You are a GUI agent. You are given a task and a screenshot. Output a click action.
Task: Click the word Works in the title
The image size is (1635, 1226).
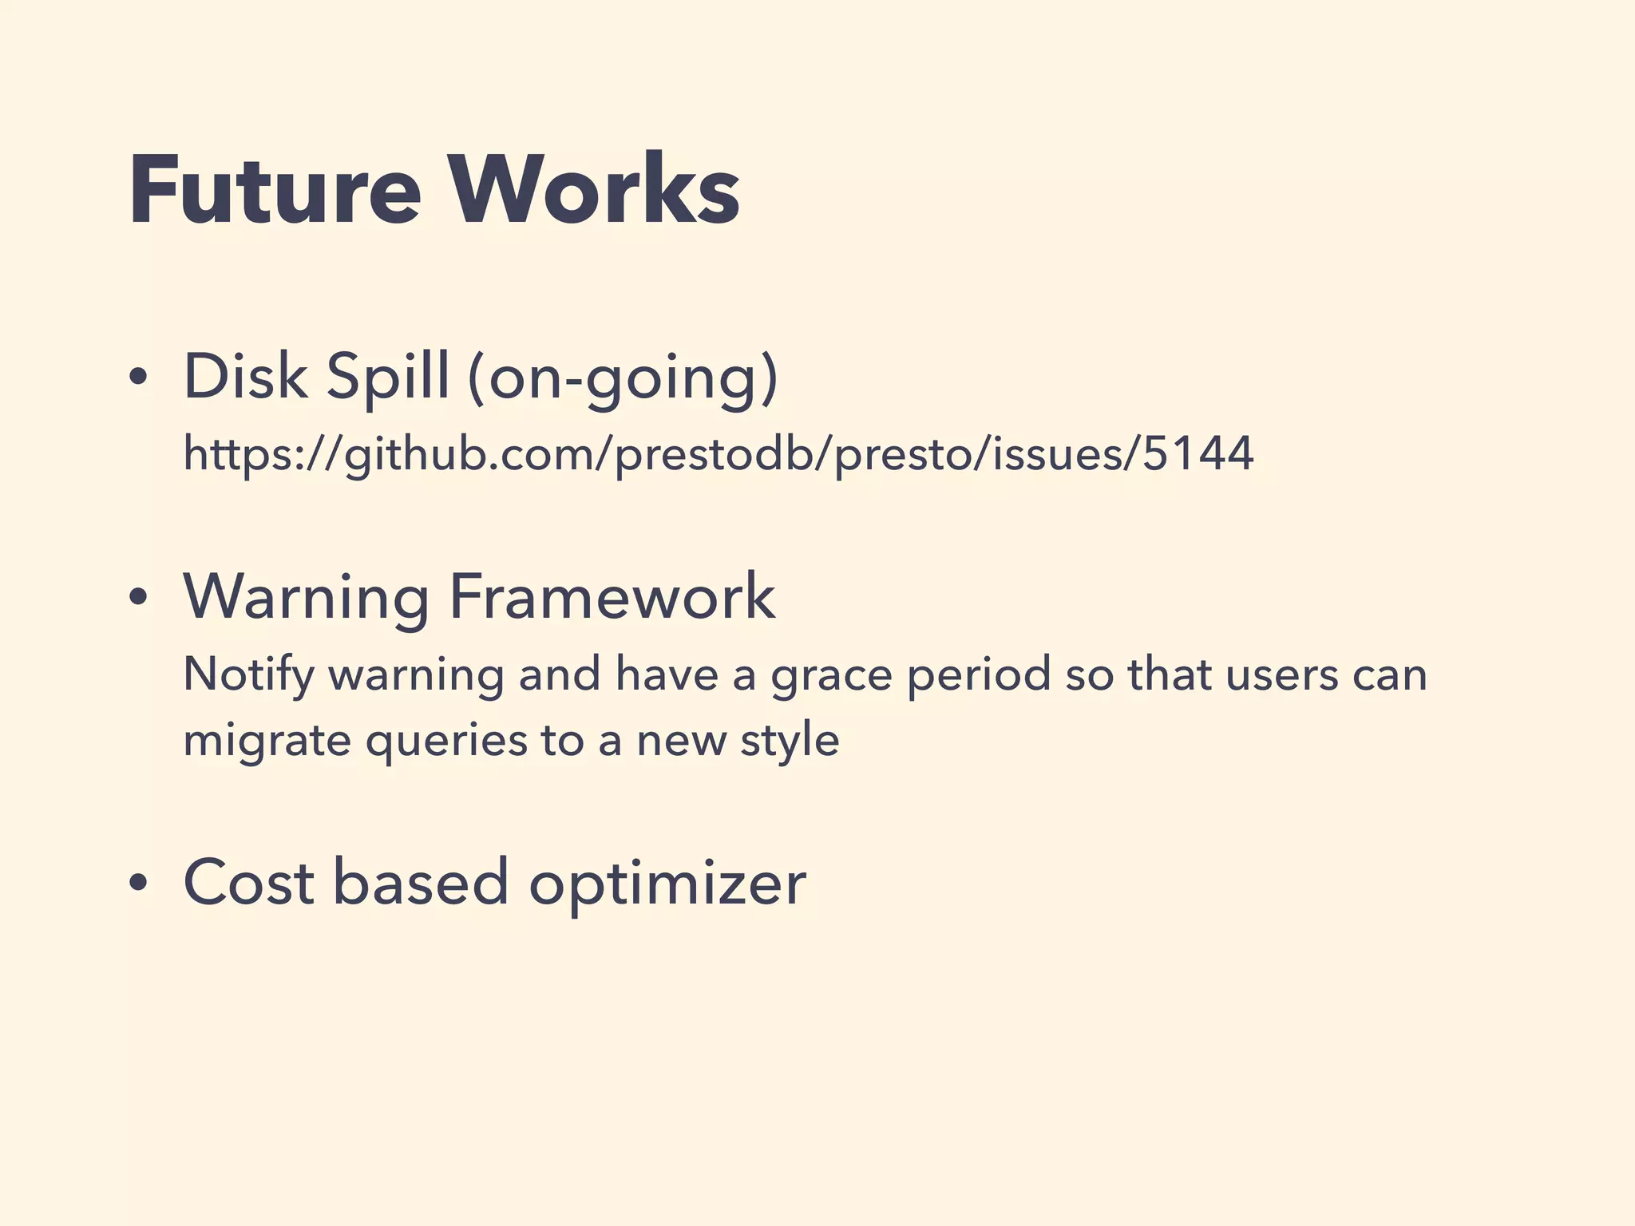coord(596,192)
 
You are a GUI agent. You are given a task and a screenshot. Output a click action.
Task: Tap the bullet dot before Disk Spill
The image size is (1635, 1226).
coord(139,378)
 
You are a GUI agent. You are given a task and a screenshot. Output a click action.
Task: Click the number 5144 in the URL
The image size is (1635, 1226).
coord(1198,453)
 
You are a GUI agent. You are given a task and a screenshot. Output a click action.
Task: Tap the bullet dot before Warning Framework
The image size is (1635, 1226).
coord(139,597)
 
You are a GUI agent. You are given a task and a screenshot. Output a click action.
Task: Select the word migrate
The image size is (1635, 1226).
coord(267,741)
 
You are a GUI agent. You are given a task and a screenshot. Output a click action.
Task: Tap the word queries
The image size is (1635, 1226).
coord(447,741)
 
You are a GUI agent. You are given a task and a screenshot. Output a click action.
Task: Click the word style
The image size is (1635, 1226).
coord(790,741)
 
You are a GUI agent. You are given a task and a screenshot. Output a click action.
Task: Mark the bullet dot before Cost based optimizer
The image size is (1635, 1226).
coord(139,884)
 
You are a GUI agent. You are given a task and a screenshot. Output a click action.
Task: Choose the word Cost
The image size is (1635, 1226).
coord(249,882)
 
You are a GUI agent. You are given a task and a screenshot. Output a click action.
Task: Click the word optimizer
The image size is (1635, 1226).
coord(667,884)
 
